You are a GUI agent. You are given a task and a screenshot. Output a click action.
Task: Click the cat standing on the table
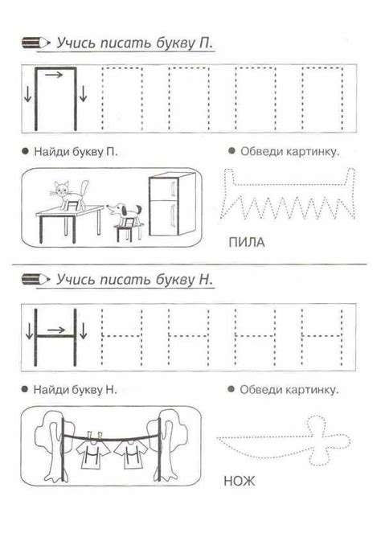coord(68,192)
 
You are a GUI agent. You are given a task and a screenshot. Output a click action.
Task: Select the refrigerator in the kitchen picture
coord(167,205)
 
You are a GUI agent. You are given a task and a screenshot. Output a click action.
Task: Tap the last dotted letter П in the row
coord(324,98)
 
